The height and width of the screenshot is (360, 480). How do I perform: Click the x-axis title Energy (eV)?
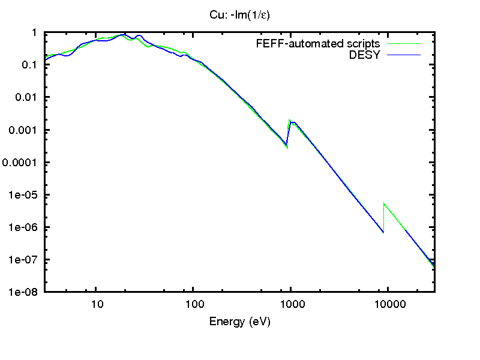[x=239, y=322]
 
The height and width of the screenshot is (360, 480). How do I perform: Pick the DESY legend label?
[x=365, y=55]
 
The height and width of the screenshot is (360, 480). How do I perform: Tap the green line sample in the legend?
[x=404, y=44]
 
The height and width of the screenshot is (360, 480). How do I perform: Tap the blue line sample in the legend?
[x=404, y=55]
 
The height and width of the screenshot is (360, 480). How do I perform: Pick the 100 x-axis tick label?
[x=193, y=304]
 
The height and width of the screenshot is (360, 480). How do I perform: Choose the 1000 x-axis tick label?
[x=291, y=304]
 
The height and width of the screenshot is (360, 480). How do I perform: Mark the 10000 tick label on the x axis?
[x=388, y=304]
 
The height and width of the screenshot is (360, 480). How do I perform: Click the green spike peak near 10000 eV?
[x=384, y=204]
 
